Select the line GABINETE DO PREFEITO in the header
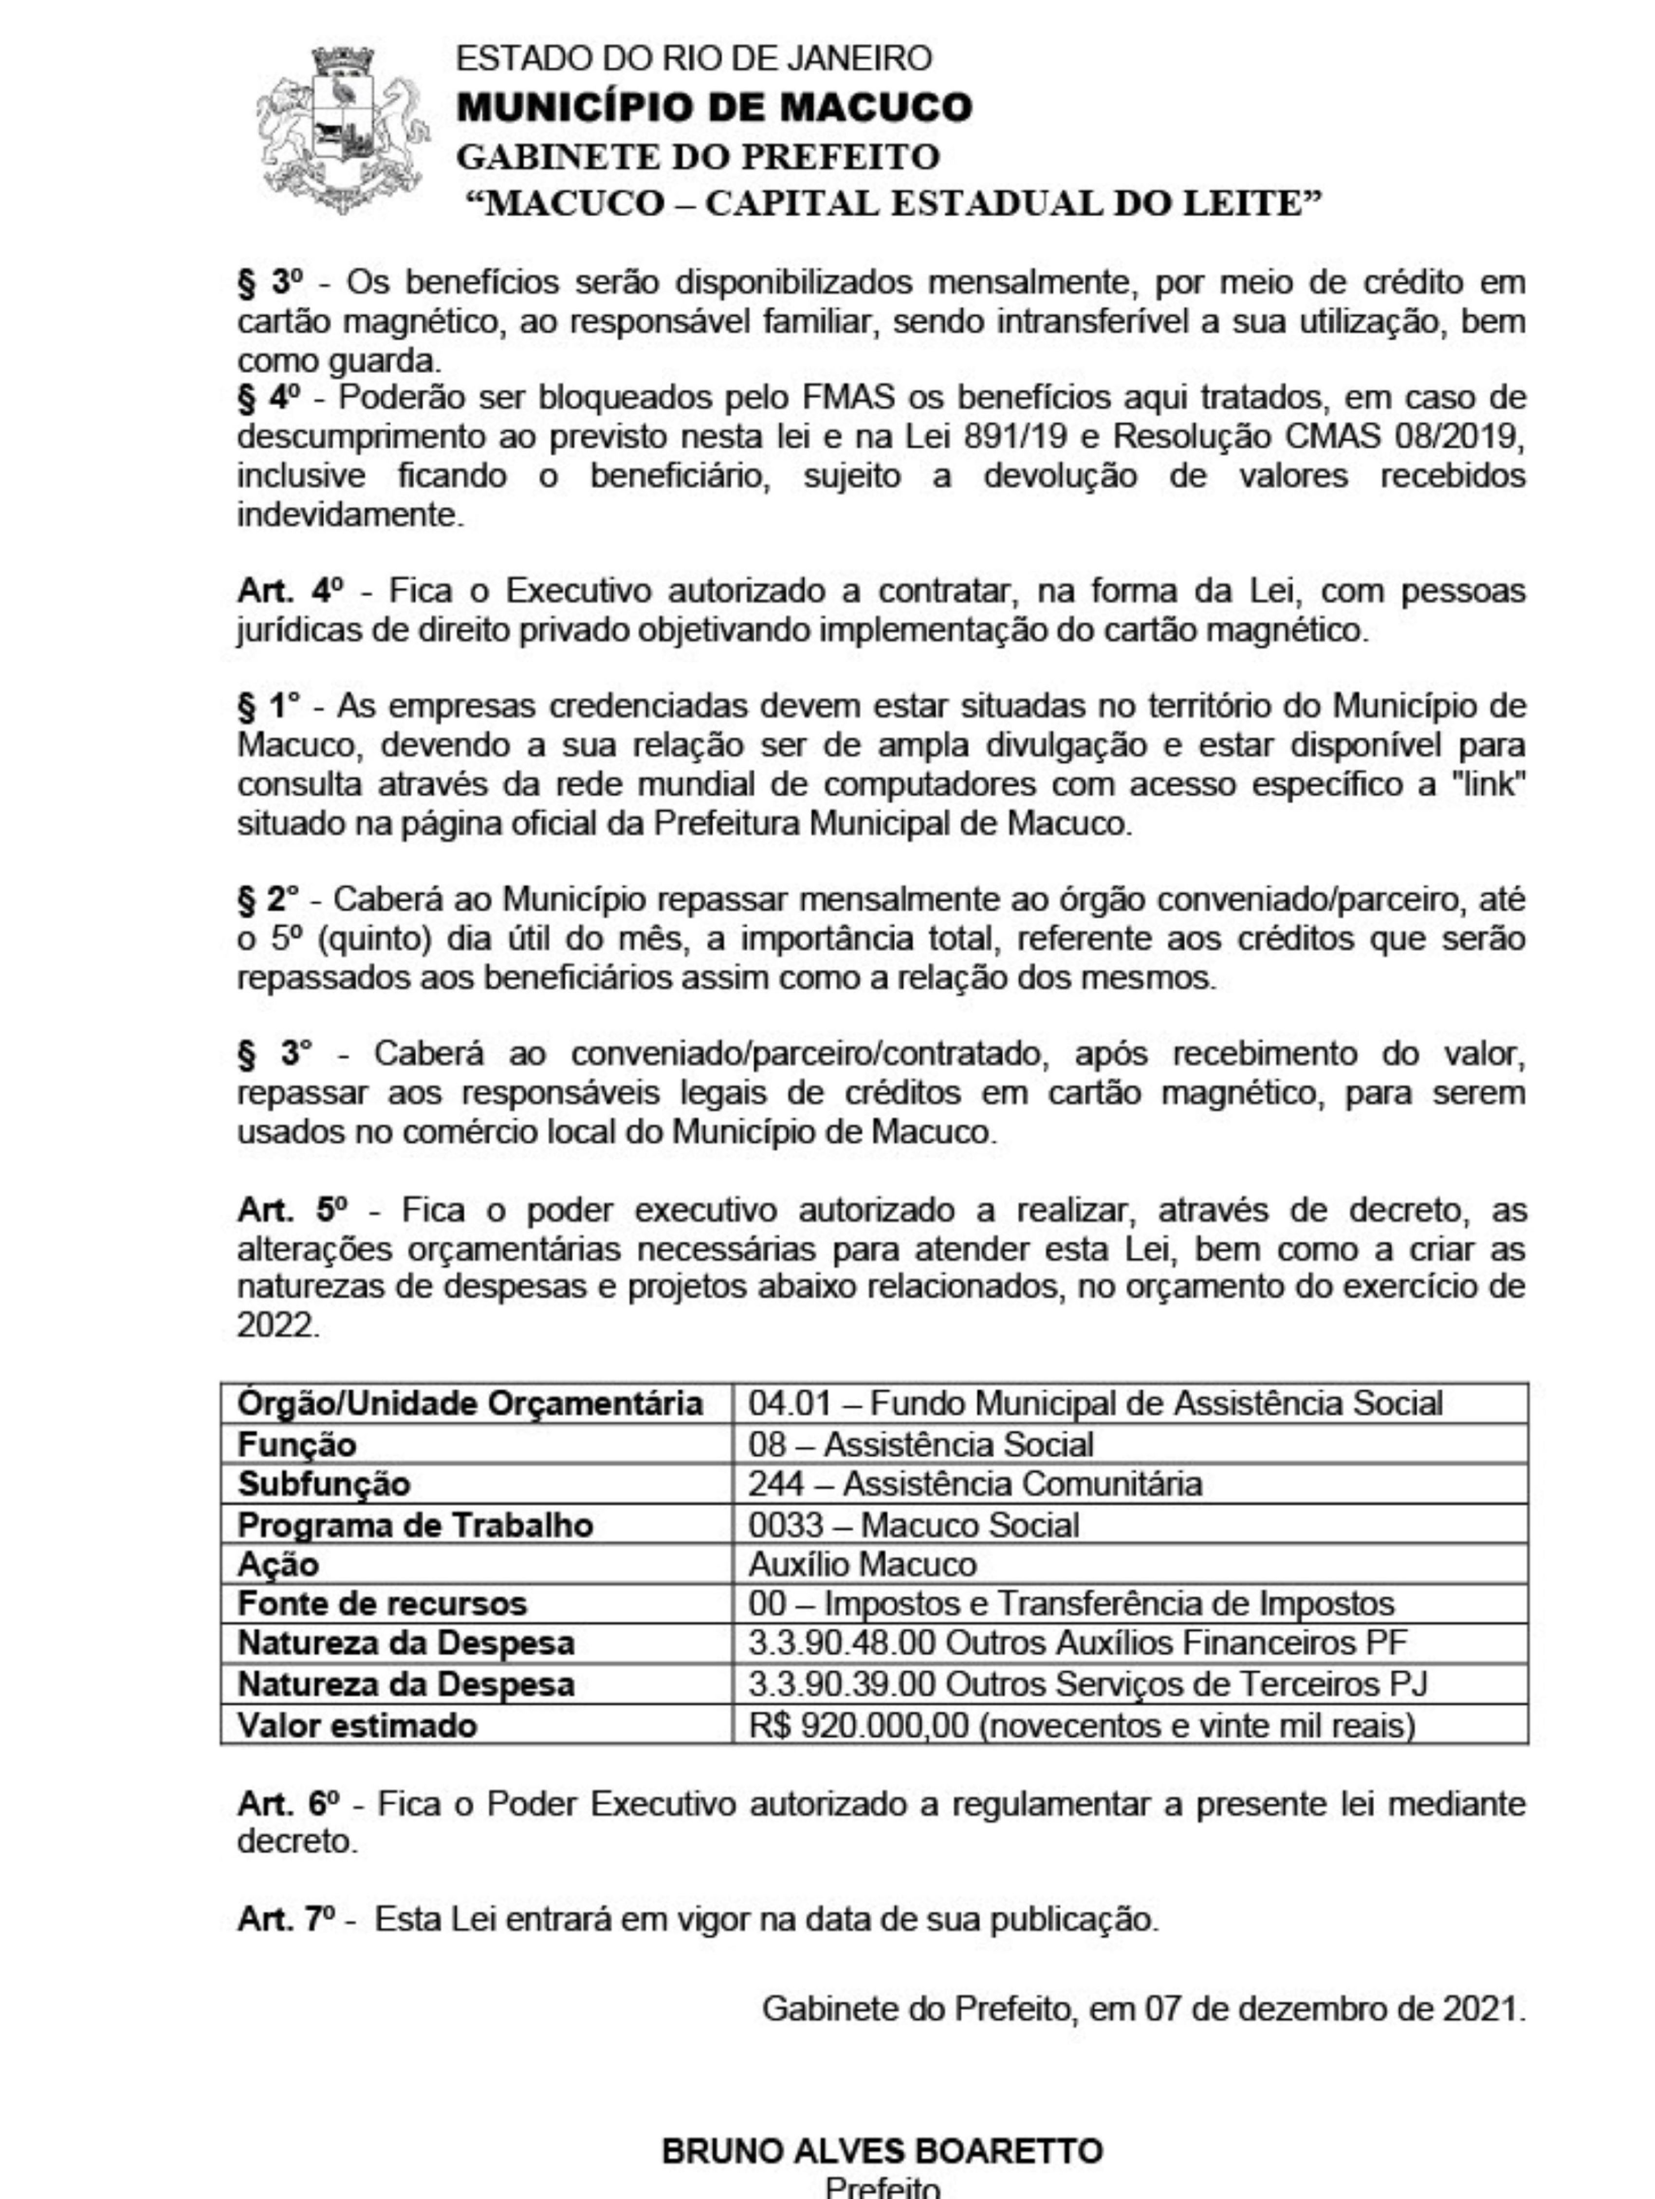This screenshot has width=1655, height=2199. pyautogui.click(x=697, y=156)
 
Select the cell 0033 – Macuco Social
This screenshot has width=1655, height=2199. pyautogui.click(x=913, y=1524)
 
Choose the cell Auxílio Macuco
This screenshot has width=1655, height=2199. pyautogui.click(x=862, y=1564)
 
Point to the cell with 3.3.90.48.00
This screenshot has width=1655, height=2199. pyautogui.click(x=1078, y=1642)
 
